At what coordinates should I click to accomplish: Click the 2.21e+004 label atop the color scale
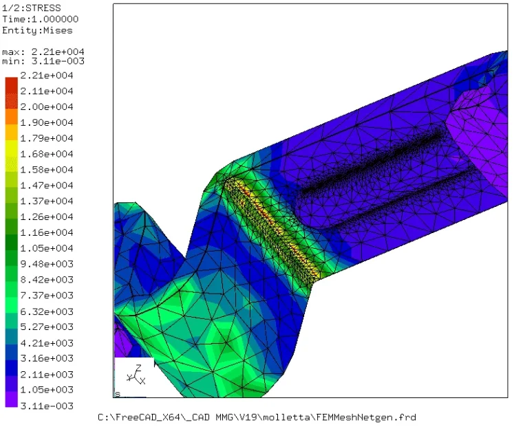point(47,76)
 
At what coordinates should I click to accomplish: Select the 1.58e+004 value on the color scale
point(47,170)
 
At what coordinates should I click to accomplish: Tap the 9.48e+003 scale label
point(47,264)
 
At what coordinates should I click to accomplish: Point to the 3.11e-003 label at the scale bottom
point(47,406)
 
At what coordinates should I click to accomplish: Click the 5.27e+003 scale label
point(47,327)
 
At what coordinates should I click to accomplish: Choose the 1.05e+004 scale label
point(47,248)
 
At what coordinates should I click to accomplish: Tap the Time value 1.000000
point(55,19)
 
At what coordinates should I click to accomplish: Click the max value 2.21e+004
point(58,52)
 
